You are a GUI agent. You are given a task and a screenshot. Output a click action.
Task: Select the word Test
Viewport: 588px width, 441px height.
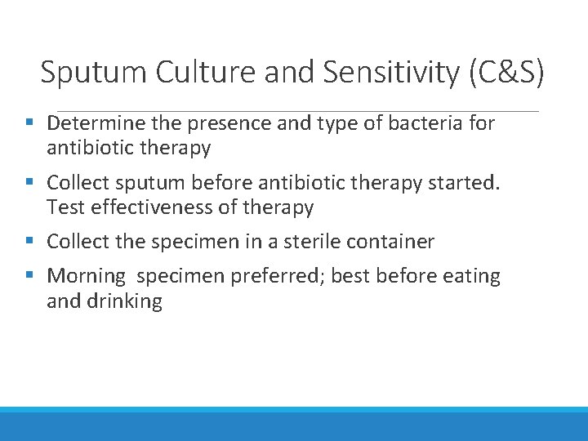pos(65,207)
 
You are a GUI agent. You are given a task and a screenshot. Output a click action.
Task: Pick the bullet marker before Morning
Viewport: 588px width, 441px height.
pos(29,276)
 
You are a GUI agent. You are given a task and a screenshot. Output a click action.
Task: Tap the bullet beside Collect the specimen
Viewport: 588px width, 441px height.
pos(29,241)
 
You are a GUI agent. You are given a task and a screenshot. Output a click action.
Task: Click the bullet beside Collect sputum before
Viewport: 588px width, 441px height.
pos(29,182)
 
